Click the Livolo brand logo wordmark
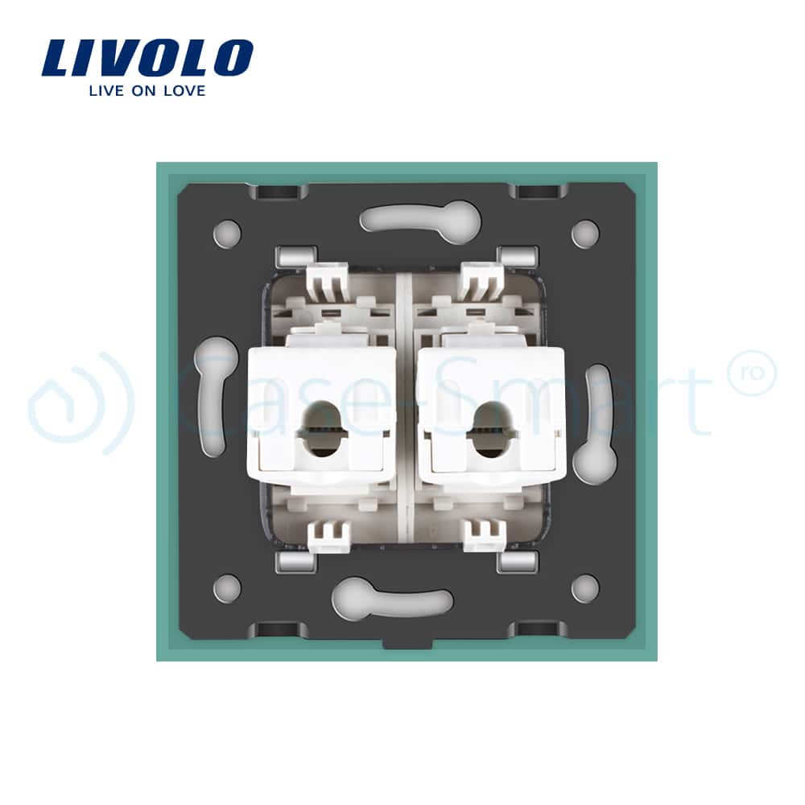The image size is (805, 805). point(147,57)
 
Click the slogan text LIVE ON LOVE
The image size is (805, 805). point(147,91)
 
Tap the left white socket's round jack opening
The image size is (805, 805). point(322,429)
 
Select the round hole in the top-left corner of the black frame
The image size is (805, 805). point(227,233)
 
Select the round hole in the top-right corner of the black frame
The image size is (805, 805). point(585,233)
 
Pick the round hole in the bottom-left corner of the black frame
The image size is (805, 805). point(227,588)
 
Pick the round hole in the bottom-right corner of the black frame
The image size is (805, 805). point(585,588)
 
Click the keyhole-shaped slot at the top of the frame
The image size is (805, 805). point(420,219)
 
